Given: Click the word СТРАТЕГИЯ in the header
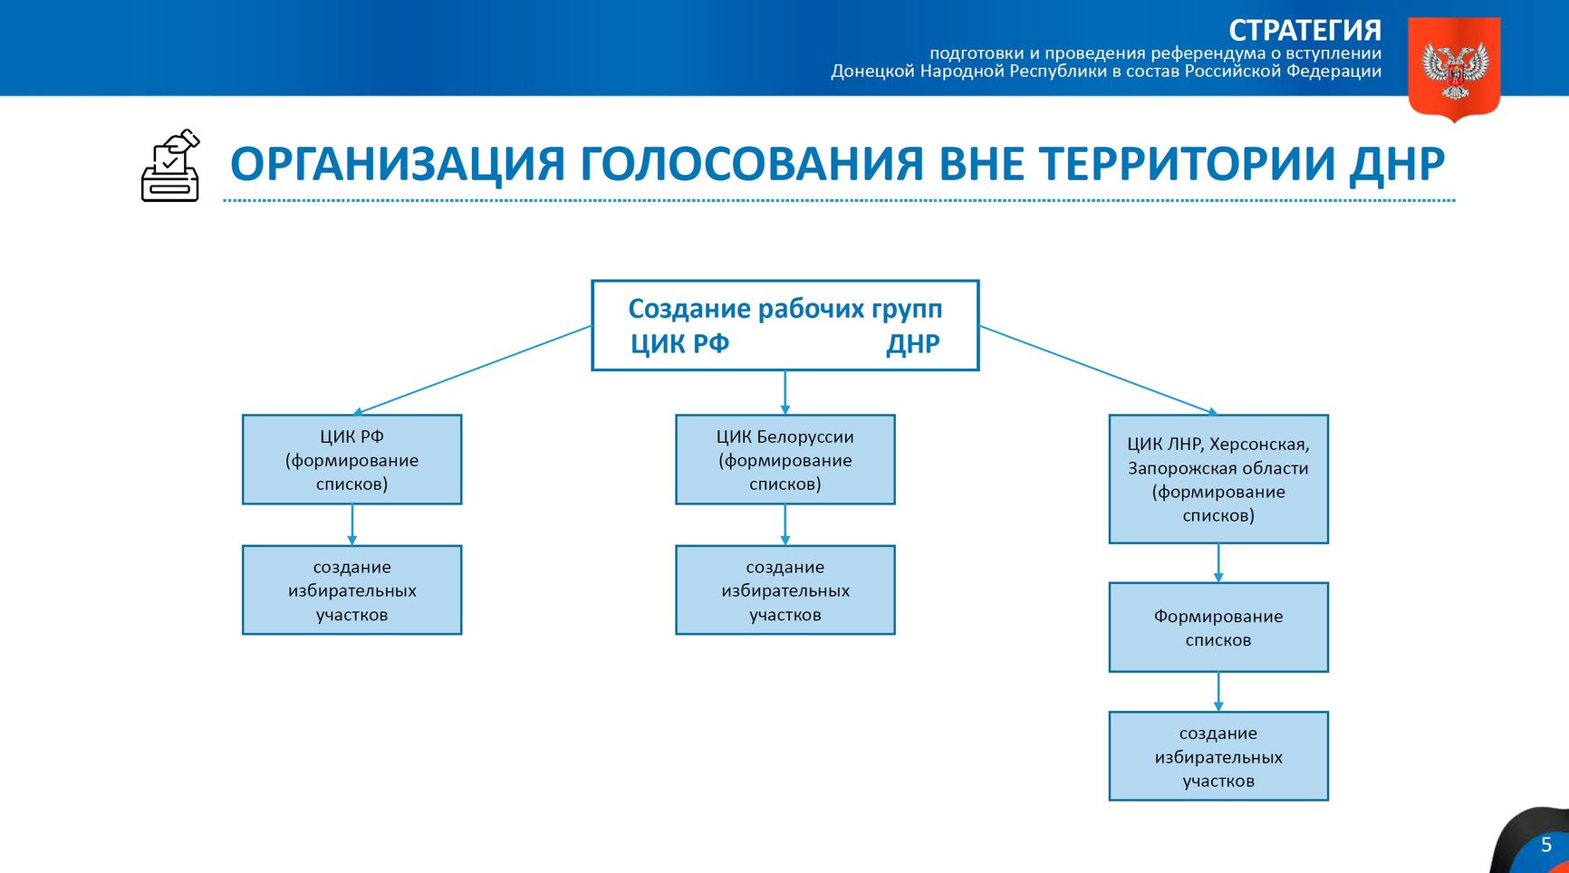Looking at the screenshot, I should (x=1304, y=30).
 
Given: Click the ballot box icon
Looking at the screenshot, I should (x=170, y=167).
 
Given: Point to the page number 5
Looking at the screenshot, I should (x=1546, y=845).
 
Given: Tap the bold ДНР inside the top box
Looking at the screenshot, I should (x=912, y=344).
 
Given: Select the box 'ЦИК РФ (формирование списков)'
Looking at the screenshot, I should (x=351, y=460).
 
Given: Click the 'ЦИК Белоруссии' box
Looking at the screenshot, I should (x=784, y=460).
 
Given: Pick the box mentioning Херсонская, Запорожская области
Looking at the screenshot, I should (x=1218, y=479).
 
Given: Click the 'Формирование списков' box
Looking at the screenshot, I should (x=1218, y=628).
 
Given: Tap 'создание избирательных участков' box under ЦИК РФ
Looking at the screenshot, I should (x=351, y=590).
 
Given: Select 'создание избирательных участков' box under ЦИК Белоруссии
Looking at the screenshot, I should (x=784, y=590).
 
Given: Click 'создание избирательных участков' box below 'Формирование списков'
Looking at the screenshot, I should (x=1218, y=757).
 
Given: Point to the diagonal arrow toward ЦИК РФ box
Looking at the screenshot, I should (x=474, y=370).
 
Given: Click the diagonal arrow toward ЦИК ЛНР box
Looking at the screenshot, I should (x=1098, y=370).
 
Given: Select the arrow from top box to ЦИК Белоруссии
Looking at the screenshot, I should (x=784, y=392).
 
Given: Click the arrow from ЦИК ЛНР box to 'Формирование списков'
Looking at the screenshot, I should (x=1218, y=562).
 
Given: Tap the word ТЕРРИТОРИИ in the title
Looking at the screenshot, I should (x=1187, y=164).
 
